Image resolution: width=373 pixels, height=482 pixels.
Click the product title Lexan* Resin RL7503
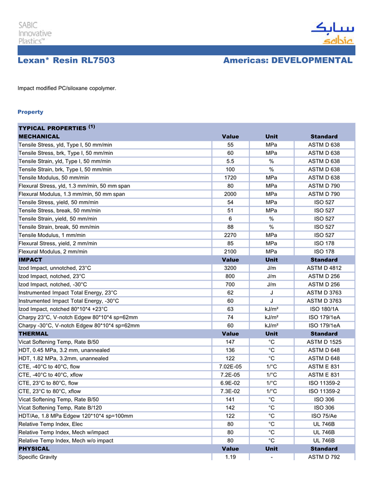click(66, 61)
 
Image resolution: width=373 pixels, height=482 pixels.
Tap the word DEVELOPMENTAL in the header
click(312, 61)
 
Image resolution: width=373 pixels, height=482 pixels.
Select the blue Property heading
click(30, 112)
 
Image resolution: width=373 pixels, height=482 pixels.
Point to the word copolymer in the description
click(101, 88)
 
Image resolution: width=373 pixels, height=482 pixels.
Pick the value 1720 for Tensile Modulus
click(230, 177)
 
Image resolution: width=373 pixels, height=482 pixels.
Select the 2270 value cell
click(230, 235)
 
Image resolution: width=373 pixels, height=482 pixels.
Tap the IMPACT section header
click(30, 260)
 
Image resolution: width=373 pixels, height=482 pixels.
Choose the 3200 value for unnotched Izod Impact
click(230, 268)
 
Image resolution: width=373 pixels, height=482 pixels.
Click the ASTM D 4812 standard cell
click(324, 268)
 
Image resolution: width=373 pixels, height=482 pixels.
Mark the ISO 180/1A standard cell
click(324, 309)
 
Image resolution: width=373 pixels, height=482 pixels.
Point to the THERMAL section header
click(34, 334)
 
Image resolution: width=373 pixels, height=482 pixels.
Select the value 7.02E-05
click(230, 366)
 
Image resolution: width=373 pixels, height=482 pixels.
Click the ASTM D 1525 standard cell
click(324, 342)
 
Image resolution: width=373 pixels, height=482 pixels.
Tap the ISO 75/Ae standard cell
click(324, 416)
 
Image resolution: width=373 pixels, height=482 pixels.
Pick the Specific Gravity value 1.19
click(230, 457)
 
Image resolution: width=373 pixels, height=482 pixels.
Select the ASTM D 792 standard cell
click(324, 457)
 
